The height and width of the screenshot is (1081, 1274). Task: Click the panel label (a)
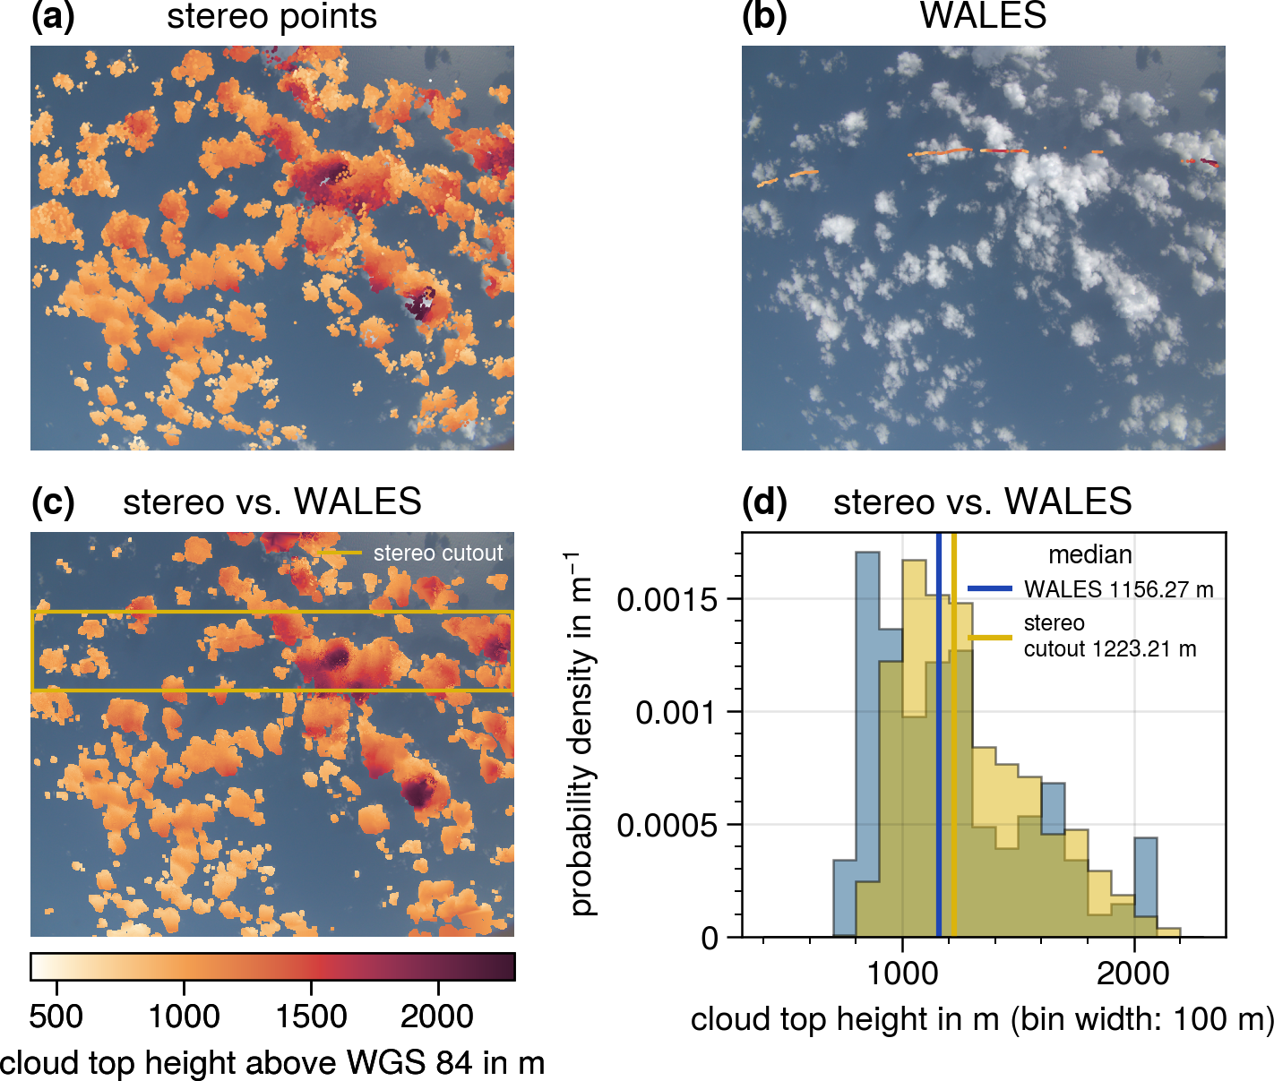(x=53, y=18)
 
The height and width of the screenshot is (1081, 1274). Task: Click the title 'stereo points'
(x=271, y=17)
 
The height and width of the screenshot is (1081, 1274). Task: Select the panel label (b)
(x=764, y=18)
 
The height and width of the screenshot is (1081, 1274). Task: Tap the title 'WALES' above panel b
(x=983, y=17)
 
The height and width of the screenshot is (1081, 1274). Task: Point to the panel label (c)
(x=53, y=502)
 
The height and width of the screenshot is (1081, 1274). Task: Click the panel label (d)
(x=764, y=502)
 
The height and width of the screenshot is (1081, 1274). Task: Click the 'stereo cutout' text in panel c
(x=438, y=553)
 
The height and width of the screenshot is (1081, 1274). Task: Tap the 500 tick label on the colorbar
(x=56, y=1017)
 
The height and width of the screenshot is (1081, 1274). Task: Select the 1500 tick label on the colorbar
(x=311, y=1017)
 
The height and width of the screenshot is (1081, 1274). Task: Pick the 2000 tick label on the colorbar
(x=437, y=1017)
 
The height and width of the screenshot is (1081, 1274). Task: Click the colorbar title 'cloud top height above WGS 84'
(x=272, y=1063)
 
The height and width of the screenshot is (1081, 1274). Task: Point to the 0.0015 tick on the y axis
(x=667, y=600)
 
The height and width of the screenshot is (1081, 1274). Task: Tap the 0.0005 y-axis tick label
(x=667, y=826)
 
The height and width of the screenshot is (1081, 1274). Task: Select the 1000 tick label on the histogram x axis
(x=902, y=974)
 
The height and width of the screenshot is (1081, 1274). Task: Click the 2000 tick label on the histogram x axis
(x=1133, y=974)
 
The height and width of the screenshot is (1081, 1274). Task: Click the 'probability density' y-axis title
(x=582, y=734)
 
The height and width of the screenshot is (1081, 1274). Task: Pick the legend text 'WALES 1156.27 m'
(x=1119, y=589)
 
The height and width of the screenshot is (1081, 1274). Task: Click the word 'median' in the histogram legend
(x=1090, y=555)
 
